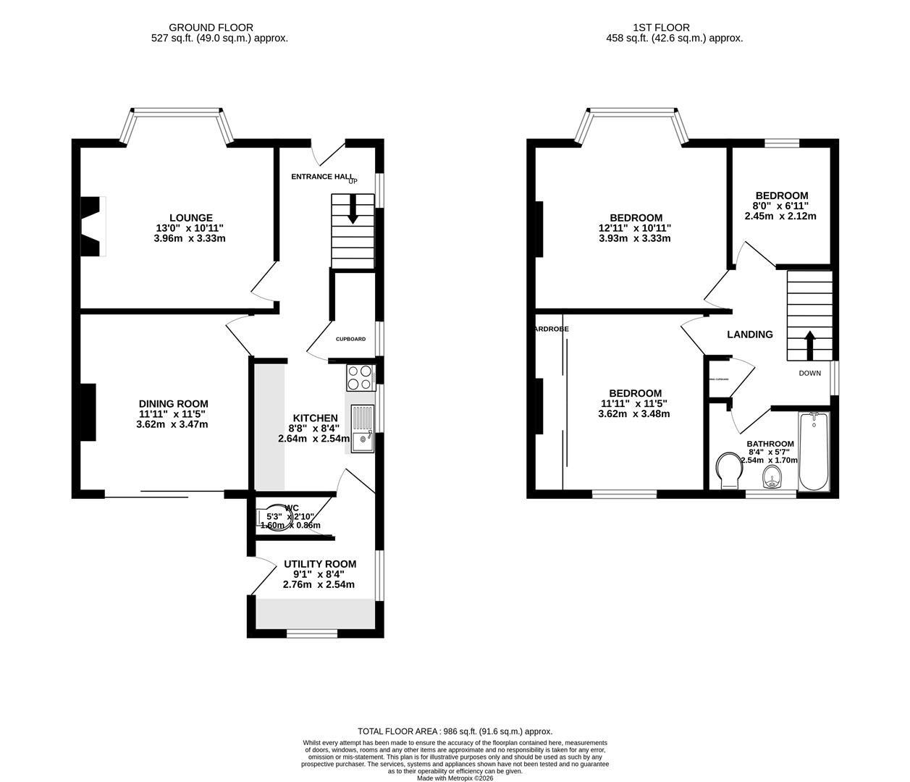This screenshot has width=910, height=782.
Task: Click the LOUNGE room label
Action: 190,217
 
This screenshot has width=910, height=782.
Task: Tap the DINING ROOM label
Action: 173,404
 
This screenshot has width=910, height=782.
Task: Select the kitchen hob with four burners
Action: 360,377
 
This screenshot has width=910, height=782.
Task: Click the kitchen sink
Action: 362,429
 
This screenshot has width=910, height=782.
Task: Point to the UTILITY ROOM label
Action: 319,564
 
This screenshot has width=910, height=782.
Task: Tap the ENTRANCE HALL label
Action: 322,177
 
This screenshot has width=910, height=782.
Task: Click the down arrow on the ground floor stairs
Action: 353,212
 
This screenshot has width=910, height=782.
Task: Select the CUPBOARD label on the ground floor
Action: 350,339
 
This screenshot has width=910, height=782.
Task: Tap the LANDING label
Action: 749,335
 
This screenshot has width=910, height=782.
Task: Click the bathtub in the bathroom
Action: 814,452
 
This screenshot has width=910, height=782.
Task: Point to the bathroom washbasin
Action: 772,477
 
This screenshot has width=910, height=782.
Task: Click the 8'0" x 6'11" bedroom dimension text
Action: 781,206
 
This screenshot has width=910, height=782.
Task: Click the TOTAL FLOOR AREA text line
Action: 455,731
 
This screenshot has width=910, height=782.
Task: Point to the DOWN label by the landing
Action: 809,374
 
